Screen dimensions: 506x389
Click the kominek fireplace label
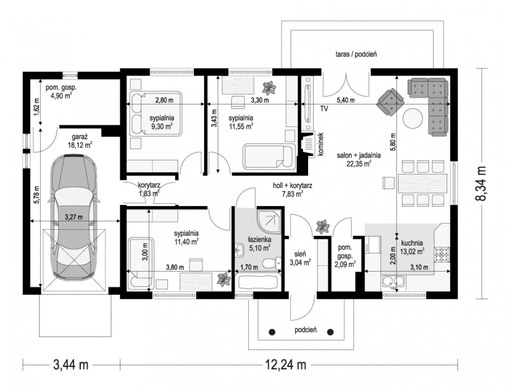(321, 144)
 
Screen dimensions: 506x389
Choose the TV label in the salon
(324, 108)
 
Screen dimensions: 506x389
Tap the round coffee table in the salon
(413, 119)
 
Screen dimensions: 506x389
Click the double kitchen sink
(393, 281)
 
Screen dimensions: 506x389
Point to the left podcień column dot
(272, 332)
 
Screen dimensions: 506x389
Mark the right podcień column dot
(330, 332)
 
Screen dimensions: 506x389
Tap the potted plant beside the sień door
(323, 227)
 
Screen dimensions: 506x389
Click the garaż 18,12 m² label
(80, 141)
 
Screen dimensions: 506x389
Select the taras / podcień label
(356, 54)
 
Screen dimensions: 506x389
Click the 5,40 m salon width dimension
(346, 100)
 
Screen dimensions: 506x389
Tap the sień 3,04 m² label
(300, 258)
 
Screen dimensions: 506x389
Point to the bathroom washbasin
(240, 250)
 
